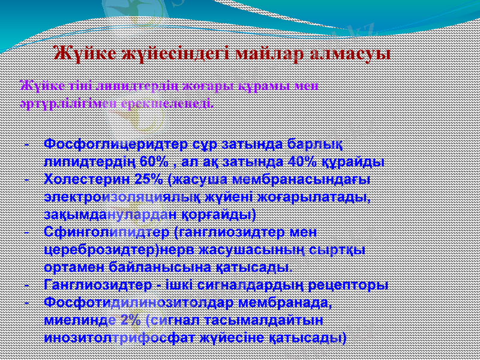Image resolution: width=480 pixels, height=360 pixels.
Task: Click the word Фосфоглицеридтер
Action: tap(111, 145)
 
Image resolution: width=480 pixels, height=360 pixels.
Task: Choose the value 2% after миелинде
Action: tap(130, 319)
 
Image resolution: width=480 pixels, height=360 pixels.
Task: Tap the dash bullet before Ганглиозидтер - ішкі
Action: tap(28, 284)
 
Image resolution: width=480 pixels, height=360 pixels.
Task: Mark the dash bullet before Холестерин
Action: tap(28, 179)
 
